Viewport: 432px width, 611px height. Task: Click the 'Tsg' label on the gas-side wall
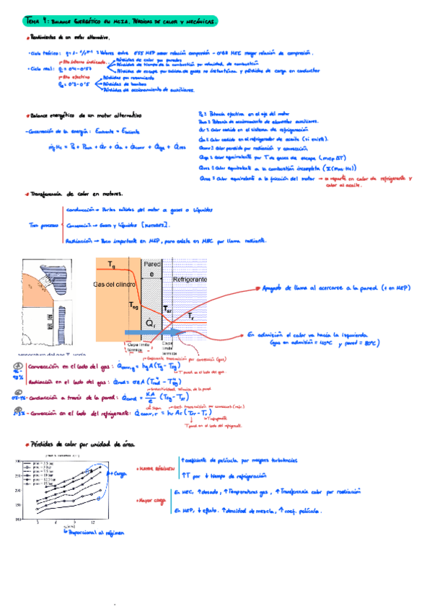(x=133, y=305)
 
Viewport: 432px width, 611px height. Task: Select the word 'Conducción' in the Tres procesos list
(x=81, y=209)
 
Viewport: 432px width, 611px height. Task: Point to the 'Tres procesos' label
(x=43, y=225)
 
